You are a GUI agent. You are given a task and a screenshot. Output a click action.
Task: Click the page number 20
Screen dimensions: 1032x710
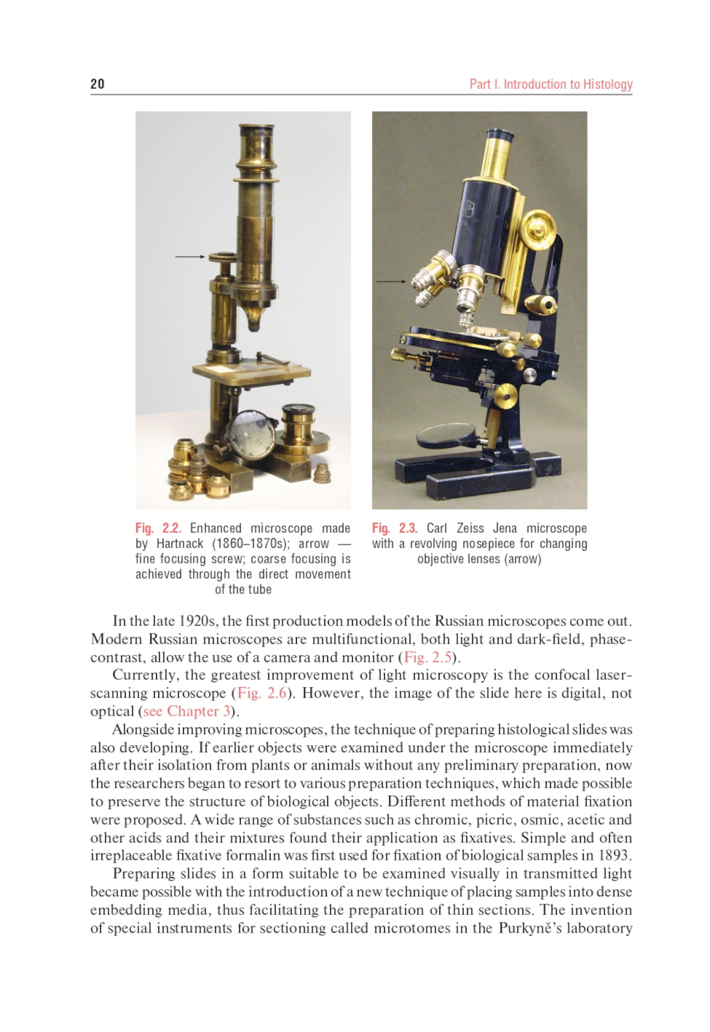tap(97, 84)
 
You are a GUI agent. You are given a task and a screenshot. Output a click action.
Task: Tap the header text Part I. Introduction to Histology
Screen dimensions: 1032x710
tap(550, 84)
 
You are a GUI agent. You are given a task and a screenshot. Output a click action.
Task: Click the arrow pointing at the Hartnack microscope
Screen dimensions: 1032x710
tap(190, 256)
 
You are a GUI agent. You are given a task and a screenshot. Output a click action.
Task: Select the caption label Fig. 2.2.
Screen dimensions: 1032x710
tap(158, 528)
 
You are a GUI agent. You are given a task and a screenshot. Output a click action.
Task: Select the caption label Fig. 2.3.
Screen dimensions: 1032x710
tap(395, 528)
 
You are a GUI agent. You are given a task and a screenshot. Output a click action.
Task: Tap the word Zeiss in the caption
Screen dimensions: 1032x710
tap(470, 528)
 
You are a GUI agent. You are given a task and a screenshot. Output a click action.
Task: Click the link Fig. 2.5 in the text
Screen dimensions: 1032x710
tap(428, 657)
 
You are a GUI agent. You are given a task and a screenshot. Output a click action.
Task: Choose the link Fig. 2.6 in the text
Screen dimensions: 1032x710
tap(261, 693)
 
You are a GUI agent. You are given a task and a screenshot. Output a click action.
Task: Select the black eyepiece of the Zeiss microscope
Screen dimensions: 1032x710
tap(500, 134)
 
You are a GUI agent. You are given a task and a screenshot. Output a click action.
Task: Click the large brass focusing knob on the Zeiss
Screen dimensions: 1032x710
tap(537, 229)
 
